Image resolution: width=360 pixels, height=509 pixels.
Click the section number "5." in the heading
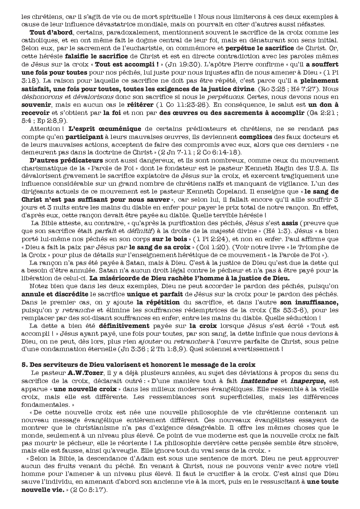click(x=25, y=365)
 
